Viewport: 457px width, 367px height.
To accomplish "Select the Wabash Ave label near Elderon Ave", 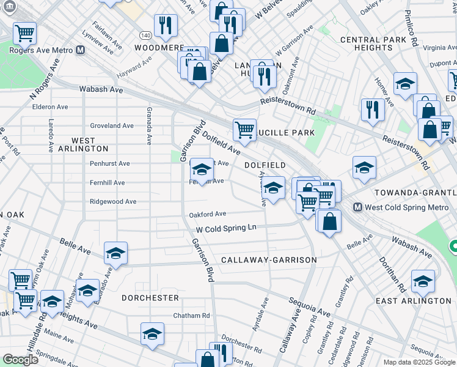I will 101,89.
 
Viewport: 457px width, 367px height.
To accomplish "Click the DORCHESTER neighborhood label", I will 150,298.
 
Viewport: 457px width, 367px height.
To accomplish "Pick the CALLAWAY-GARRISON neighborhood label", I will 269,260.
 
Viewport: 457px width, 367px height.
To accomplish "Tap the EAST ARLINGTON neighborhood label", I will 422,301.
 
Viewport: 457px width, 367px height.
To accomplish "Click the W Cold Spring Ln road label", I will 225,228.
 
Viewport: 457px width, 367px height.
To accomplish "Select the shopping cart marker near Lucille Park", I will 244,129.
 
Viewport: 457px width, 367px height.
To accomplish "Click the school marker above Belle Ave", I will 115,253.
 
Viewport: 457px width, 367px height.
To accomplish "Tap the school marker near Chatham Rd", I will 152,333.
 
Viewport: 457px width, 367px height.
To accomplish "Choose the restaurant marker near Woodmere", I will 166,25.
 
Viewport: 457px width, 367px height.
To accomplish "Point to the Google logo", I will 21,360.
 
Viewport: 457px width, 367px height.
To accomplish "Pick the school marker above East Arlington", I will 422,280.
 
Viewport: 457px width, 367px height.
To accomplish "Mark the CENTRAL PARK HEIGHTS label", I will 375,43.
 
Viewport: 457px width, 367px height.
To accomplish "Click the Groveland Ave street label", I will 112,125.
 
